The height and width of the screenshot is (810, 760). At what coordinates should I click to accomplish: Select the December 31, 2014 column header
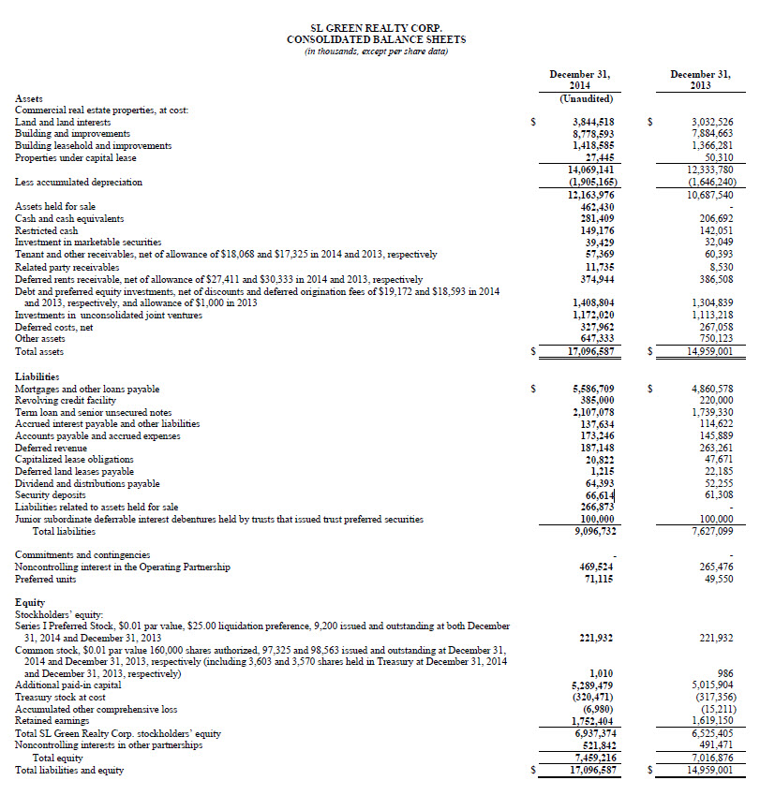click(586, 79)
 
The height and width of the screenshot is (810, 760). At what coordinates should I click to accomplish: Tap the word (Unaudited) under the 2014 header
click(586, 98)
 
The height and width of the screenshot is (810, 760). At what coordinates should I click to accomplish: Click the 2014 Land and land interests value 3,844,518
click(593, 122)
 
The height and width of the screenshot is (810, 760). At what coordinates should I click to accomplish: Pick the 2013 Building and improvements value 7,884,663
click(712, 134)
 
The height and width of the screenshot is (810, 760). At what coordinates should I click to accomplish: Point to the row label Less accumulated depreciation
click(79, 182)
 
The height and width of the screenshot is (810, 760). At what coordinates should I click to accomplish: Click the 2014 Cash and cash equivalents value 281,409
click(598, 218)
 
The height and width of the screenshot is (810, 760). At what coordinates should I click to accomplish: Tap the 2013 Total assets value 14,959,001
click(709, 352)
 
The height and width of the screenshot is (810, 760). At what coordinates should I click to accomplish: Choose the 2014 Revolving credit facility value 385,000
click(598, 400)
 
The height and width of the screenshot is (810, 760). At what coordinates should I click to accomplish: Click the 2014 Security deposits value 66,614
click(600, 494)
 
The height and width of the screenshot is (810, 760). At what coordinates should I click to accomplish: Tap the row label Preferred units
click(46, 580)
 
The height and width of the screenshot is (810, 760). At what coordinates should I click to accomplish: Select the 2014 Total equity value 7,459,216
click(593, 758)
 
